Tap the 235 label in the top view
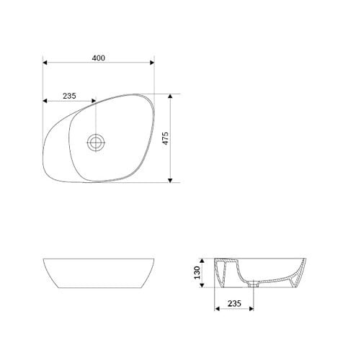point(68,94)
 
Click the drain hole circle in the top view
point(95,143)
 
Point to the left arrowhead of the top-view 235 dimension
point(46,101)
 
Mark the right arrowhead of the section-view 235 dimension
point(256,311)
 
